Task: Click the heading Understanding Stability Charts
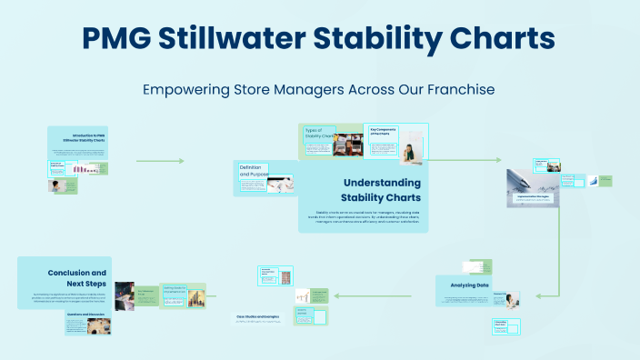(x=381, y=190)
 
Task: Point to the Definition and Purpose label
(x=255, y=170)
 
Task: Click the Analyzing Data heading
(x=470, y=285)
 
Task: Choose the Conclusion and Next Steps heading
(x=76, y=277)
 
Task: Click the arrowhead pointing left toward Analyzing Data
(x=539, y=295)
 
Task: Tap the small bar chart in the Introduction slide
(x=85, y=169)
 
